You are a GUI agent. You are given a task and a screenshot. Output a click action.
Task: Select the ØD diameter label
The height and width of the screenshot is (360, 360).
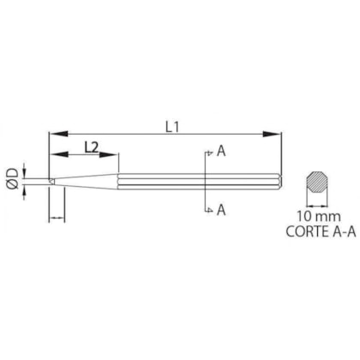pos(12,179)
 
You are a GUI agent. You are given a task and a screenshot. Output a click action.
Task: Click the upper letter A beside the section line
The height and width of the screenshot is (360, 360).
pos(221,152)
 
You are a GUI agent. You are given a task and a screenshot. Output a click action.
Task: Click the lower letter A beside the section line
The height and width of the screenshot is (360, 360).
pos(221,208)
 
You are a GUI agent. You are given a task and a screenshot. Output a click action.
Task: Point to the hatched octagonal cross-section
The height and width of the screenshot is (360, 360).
pos(317,183)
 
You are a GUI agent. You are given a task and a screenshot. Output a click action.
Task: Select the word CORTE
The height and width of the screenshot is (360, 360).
pos(302,231)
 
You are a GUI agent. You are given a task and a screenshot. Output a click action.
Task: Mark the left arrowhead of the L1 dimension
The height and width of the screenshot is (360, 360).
pos(54,133)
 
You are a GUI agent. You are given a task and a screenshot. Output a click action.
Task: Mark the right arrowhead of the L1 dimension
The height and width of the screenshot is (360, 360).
pos(276,133)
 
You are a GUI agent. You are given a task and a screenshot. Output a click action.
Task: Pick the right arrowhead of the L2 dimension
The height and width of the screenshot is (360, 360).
pos(115,155)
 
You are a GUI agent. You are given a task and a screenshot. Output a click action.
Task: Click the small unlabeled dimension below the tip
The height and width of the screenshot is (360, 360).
pos(57,219)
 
